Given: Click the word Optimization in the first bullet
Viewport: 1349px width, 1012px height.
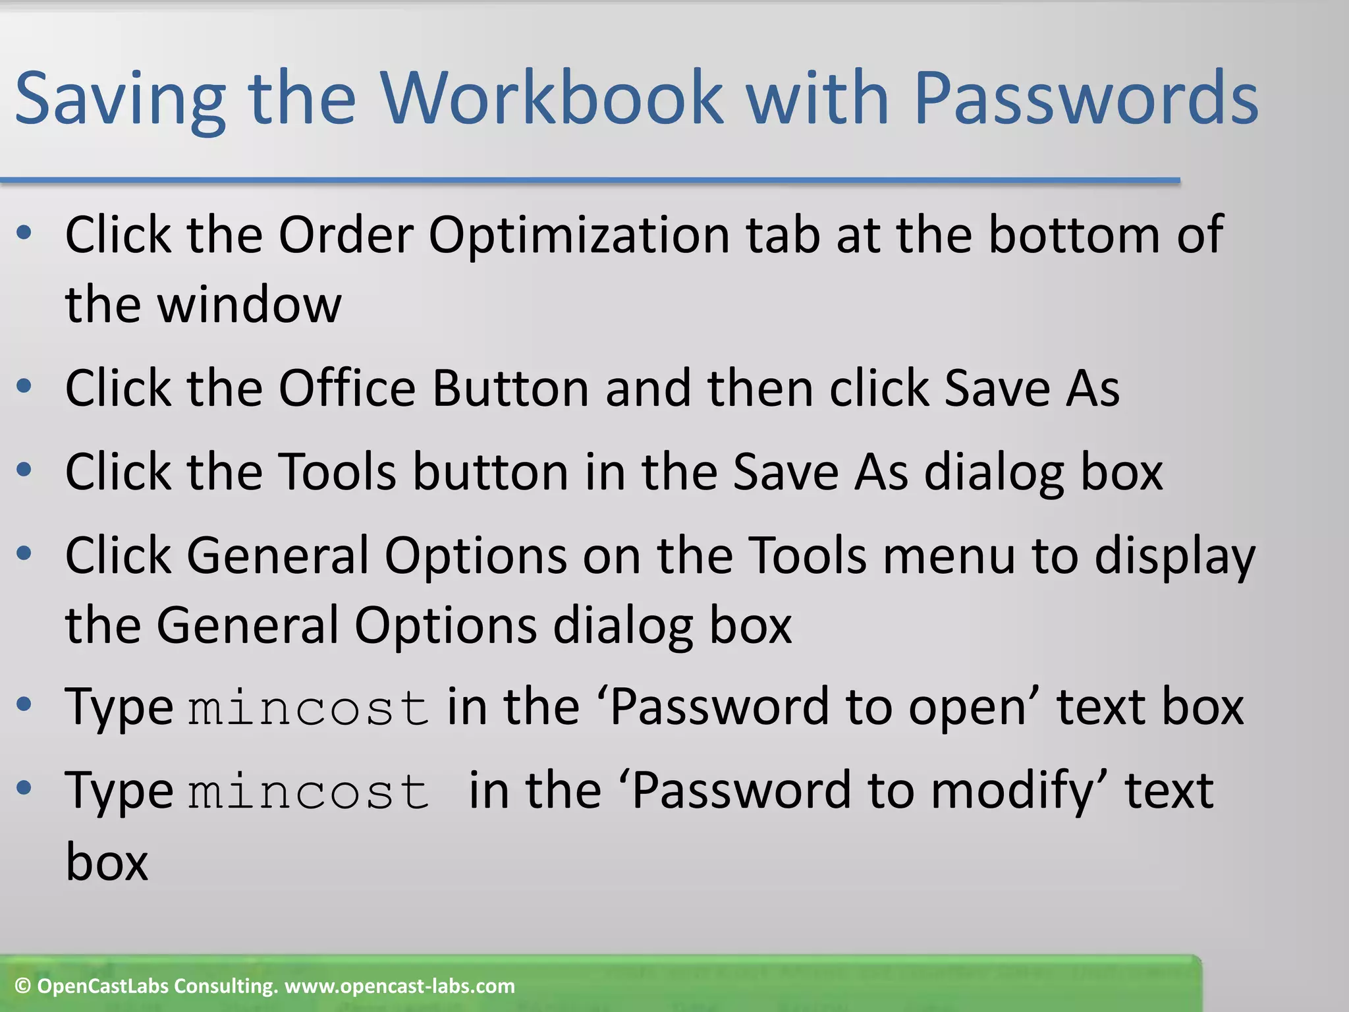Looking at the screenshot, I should pyautogui.click(x=579, y=236).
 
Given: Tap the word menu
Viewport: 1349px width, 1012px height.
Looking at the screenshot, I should pyautogui.click(x=949, y=556).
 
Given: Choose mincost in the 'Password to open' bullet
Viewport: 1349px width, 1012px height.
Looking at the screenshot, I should pyautogui.click(x=308, y=708).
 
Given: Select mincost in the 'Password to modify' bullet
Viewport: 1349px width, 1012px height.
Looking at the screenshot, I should pyautogui.click(x=308, y=791).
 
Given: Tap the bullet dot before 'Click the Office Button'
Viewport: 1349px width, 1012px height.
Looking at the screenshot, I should pyautogui.click(x=24, y=387).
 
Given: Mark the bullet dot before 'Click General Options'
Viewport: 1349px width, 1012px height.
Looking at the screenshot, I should pyautogui.click(x=24, y=554).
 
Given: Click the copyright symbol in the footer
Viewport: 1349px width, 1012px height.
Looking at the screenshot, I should pyautogui.click(x=23, y=986).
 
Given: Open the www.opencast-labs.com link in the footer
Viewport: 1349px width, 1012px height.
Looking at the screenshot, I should pyautogui.click(x=399, y=986).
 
